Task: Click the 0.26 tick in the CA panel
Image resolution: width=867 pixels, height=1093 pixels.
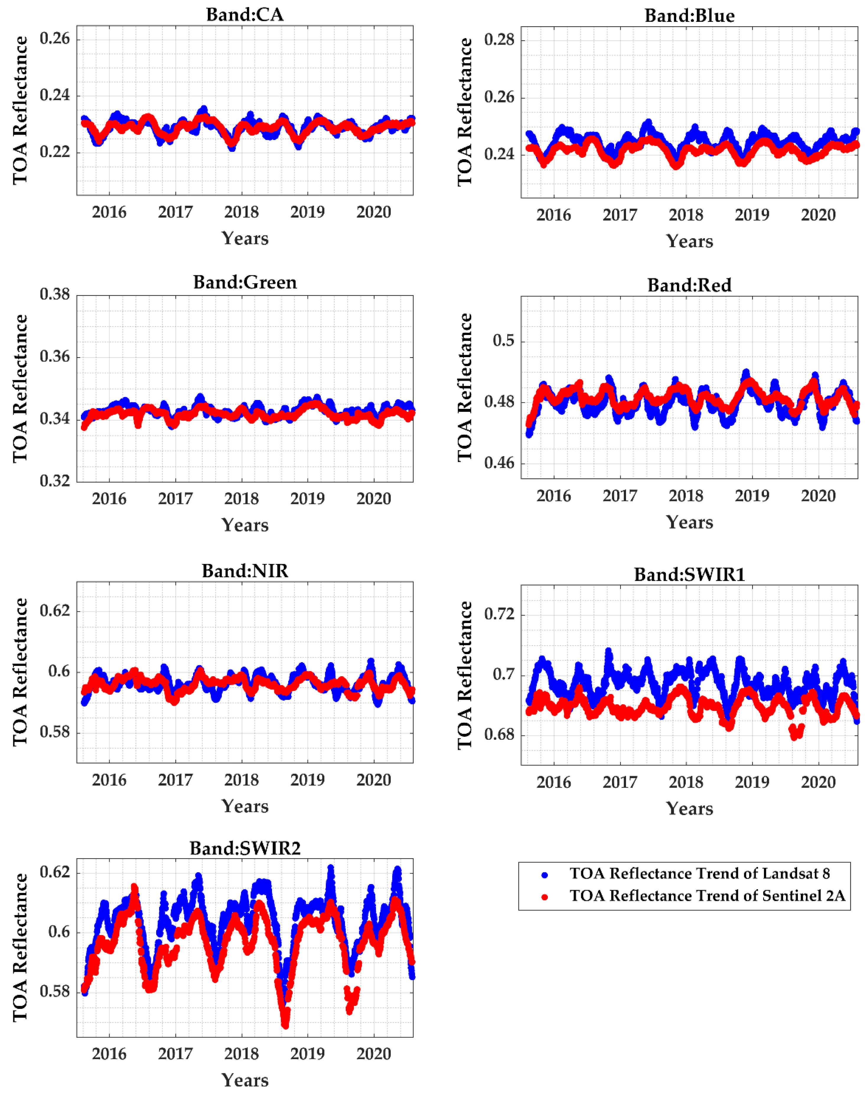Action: (55, 38)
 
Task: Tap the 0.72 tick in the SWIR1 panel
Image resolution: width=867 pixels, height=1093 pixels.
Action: (499, 614)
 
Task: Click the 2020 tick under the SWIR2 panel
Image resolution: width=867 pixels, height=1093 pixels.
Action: (374, 1053)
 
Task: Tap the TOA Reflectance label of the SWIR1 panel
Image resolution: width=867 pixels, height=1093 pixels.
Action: (464, 675)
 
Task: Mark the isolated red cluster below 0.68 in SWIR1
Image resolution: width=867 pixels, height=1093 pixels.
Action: (796, 731)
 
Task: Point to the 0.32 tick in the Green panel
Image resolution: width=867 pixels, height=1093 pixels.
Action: (55, 481)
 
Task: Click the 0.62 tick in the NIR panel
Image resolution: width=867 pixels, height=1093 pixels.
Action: (55, 610)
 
